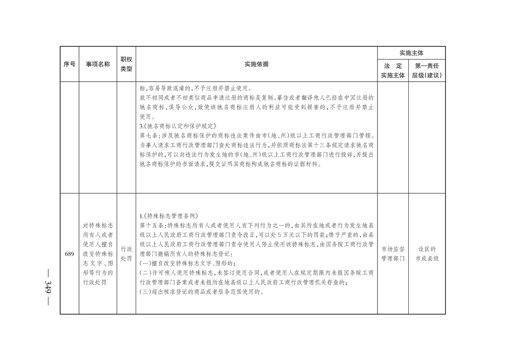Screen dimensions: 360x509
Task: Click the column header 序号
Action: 69,64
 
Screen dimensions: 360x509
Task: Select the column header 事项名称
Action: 98,64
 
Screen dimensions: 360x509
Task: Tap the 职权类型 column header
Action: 126,64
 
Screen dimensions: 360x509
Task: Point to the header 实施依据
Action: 256,64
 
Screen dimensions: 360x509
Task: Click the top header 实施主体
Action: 411,53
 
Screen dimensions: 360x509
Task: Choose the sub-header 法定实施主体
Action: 392,71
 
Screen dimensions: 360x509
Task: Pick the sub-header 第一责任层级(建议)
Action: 426,71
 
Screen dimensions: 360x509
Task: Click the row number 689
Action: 69,254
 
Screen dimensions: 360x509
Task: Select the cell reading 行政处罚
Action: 126,254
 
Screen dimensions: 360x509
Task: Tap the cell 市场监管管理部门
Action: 392,254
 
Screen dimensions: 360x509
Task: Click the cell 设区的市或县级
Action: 426,254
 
